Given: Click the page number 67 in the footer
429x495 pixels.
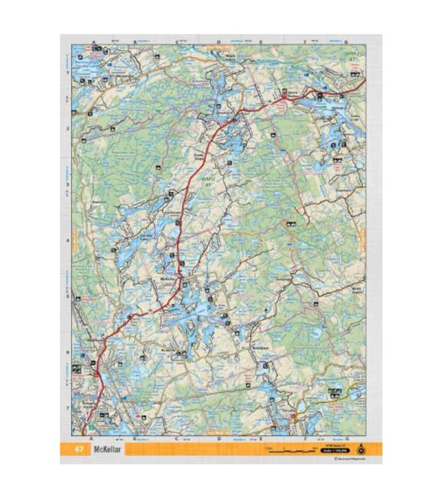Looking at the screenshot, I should coord(79,450).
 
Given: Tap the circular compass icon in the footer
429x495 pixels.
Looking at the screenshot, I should coord(360,451).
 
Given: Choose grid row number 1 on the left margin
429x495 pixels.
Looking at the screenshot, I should coord(68,73).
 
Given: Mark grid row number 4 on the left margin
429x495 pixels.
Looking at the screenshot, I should coord(68,240).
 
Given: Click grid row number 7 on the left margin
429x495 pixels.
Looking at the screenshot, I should coord(68,407).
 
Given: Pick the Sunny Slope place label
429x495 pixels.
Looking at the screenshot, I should coord(198,157).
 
